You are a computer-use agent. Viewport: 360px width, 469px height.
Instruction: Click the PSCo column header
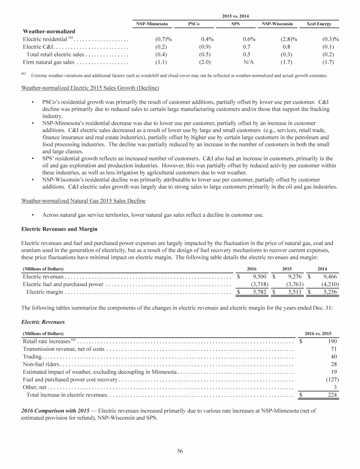194,23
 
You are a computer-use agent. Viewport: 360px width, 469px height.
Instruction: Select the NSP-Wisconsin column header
277,23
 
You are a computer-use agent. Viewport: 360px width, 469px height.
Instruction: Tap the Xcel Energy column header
320,23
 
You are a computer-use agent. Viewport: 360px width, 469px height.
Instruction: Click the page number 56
180,451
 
